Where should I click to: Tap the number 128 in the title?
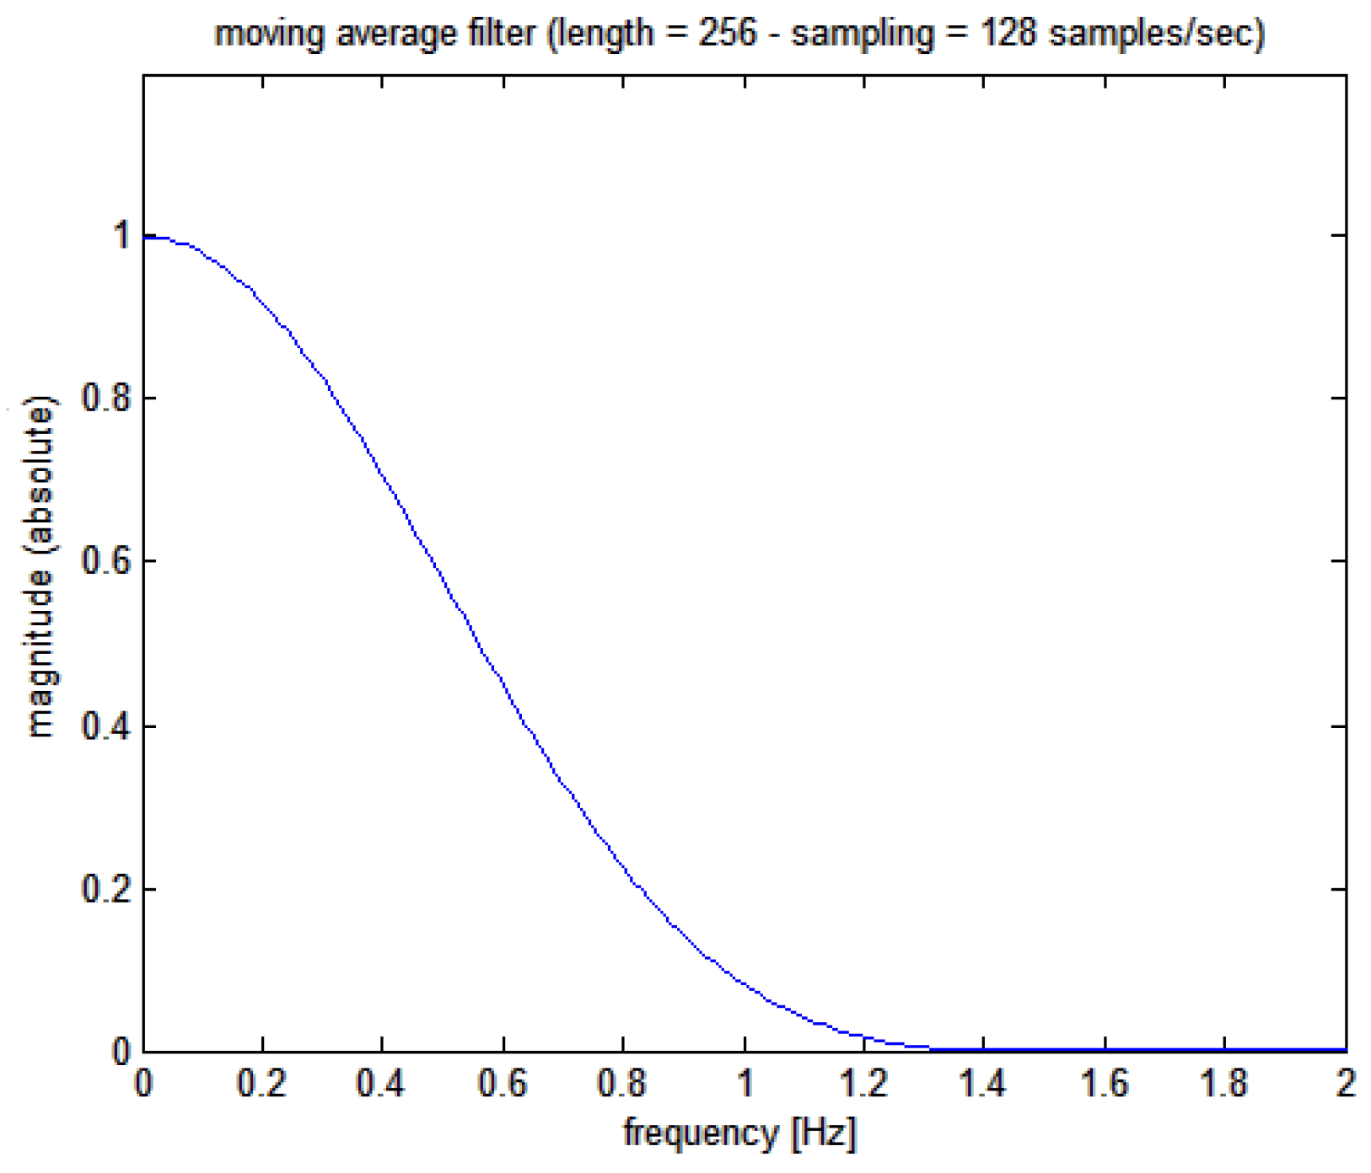(x=1008, y=34)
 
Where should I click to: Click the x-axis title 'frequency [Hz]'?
(x=739, y=1133)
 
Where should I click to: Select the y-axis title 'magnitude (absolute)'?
(x=40, y=566)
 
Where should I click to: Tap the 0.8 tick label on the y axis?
(x=106, y=397)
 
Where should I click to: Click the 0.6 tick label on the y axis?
(x=106, y=560)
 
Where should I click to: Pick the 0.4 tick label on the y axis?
(x=106, y=726)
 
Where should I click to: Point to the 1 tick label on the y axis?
(x=121, y=235)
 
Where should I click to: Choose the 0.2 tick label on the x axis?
(x=261, y=1084)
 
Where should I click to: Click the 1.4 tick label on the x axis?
(x=983, y=1084)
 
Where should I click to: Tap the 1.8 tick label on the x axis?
(x=1223, y=1084)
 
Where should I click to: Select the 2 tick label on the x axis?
(x=1345, y=1084)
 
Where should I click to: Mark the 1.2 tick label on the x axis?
(x=863, y=1084)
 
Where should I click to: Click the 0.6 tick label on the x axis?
(x=503, y=1084)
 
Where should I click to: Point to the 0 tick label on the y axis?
(x=121, y=1052)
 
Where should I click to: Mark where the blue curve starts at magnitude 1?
(x=145, y=238)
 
